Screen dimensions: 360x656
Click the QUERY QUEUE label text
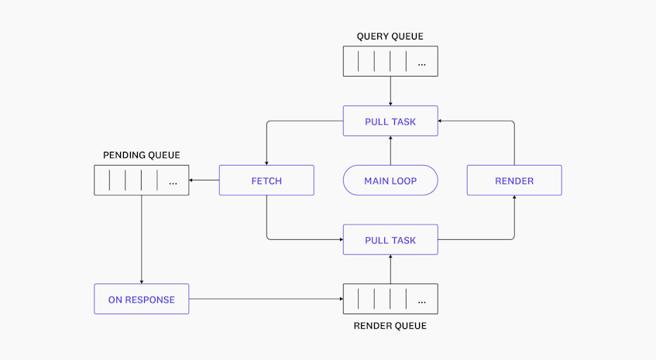click(390, 36)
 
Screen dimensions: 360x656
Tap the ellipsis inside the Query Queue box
click(421, 62)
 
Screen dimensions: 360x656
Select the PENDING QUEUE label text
click(141, 156)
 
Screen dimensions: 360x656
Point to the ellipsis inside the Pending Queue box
click(172, 181)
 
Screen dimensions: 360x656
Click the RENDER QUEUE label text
click(390, 326)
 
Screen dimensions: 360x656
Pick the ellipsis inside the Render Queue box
click(421, 300)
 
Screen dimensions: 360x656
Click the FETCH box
click(266, 180)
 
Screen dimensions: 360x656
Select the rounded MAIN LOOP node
click(390, 180)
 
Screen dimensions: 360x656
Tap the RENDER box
click(514, 180)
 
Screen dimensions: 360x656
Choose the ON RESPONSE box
click(141, 299)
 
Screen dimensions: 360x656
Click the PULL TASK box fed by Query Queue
click(390, 121)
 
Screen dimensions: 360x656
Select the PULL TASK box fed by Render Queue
click(390, 240)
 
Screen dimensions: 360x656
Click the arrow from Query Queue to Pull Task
click(390, 91)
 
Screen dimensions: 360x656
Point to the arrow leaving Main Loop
click(390, 150)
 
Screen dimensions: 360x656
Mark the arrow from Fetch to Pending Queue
click(204, 180)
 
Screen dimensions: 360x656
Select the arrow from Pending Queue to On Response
click(142, 239)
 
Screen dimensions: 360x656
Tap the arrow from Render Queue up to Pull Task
click(390, 269)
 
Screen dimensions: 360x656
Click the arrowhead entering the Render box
click(514, 198)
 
